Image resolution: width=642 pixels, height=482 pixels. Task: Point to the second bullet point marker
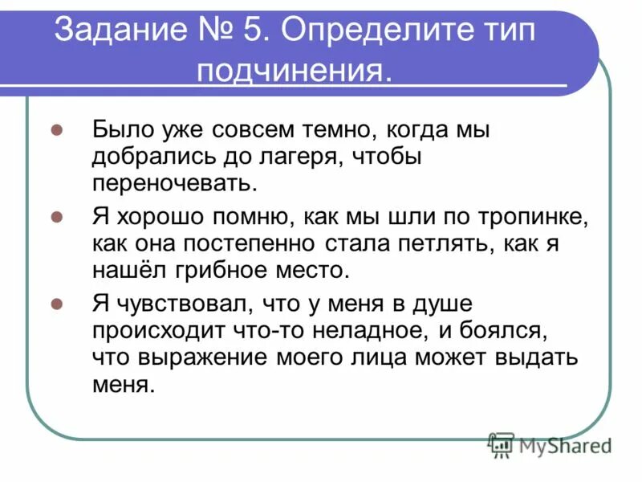tap(57, 218)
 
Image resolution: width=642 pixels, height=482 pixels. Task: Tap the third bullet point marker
tap(57, 305)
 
